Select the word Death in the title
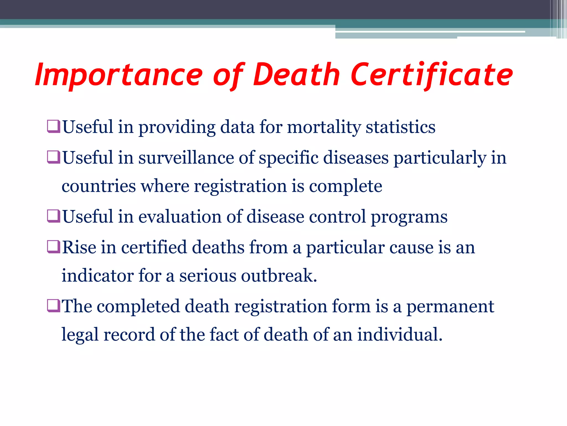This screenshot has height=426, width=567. tap(296, 74)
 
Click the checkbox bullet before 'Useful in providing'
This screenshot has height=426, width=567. tap(53, 126)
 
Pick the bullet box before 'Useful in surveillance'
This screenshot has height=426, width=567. tap(53, 157)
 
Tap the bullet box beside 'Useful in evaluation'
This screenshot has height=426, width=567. tap(53, 216)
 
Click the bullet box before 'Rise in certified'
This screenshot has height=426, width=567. tap(53, 247)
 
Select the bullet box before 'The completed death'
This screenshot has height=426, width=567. tap(53, 306)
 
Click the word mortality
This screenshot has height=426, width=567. tap(324, 128)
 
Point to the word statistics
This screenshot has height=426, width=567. tap(401, 127)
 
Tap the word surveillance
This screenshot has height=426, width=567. tap(186, 158)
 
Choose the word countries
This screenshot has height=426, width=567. tap(99, 186)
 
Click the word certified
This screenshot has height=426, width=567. tap(154, 247)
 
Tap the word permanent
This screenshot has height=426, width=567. tap(450, 307)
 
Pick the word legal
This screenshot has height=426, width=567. tap(80, 335)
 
